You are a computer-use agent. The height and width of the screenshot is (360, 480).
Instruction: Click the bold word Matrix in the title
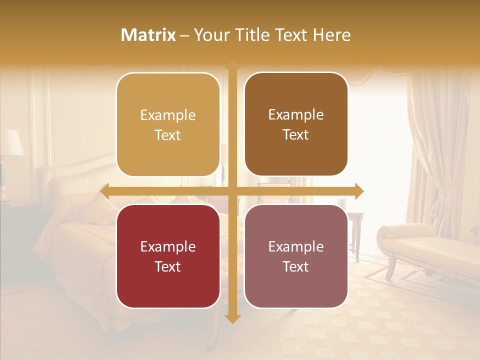tap(148, 35)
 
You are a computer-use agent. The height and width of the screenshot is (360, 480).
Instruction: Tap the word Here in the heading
tap(331, 35)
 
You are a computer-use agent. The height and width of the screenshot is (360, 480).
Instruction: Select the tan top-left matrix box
tap(168, 125)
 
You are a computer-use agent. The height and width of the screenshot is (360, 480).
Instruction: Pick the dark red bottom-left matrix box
tap(168, 256)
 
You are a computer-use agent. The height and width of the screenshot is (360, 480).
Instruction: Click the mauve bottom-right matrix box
tap(296, 256)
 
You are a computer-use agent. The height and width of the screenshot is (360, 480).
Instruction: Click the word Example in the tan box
tap(168, 115)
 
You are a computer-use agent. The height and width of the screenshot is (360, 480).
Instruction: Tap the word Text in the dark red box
tap(168, 266)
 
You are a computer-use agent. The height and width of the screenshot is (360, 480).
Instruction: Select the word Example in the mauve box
tap(296, 246)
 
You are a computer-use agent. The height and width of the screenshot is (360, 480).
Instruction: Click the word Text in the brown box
tap(296, 134)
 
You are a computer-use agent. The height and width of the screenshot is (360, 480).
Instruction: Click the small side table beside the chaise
tap(355, 225)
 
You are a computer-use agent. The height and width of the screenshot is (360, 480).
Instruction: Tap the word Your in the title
tap(210, 35)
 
